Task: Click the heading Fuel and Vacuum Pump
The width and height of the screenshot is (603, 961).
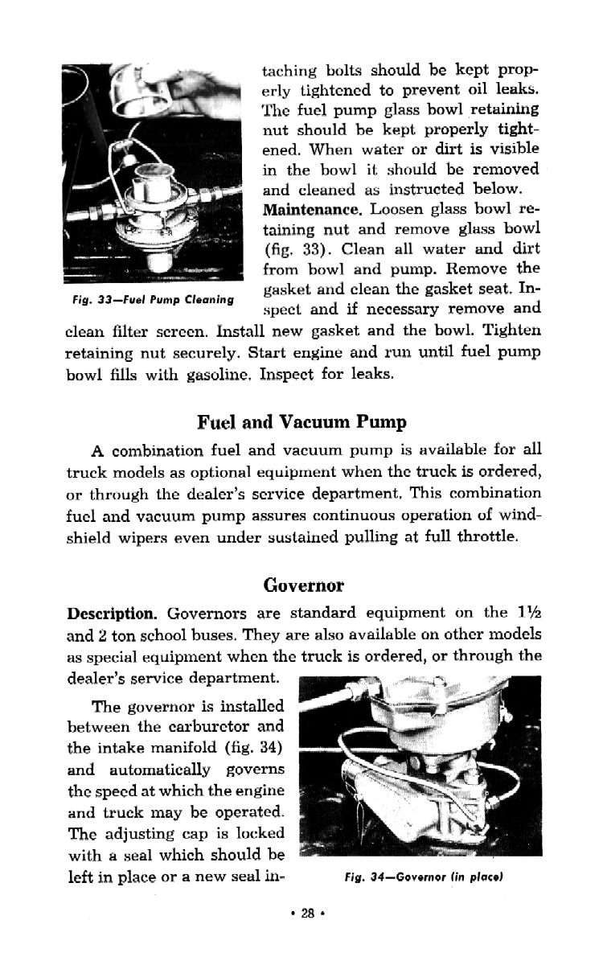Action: point(301,422)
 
